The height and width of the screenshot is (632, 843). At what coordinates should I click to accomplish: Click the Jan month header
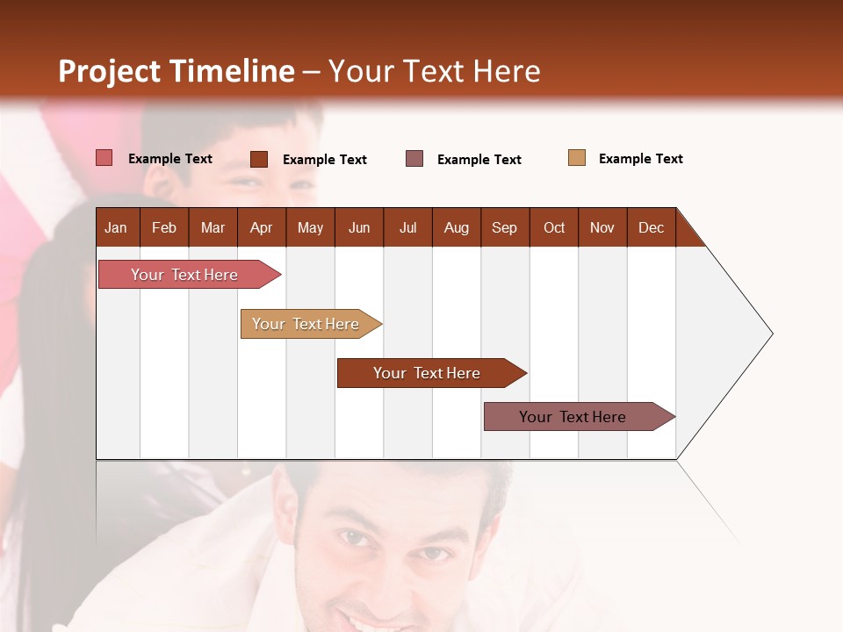116,227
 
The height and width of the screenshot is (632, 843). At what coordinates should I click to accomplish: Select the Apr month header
261,227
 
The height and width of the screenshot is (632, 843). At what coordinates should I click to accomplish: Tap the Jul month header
407,227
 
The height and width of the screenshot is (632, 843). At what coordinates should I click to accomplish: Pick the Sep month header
504,227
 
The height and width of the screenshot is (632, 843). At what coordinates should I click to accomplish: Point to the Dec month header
651,227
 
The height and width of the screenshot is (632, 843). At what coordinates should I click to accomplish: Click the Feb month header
164,227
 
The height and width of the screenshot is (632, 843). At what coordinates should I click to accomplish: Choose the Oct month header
554,227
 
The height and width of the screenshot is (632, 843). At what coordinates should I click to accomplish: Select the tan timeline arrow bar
308,324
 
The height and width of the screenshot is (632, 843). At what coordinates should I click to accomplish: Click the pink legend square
104,158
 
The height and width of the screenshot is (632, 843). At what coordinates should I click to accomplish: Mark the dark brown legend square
259,159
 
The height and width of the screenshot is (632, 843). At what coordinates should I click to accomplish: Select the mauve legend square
414,159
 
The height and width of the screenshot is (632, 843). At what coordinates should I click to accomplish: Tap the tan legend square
577,158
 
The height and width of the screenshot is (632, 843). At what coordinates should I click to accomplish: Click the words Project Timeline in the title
177,71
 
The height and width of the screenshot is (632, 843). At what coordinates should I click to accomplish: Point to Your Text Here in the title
434,71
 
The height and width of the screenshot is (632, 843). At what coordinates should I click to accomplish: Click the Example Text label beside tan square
640,159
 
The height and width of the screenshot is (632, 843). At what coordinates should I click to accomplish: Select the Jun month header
359,227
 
